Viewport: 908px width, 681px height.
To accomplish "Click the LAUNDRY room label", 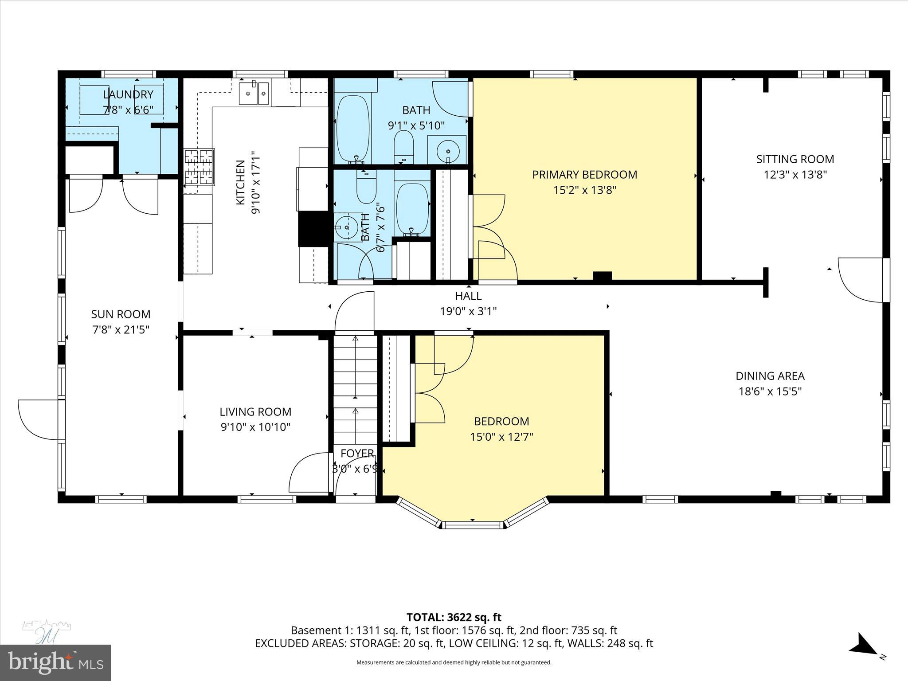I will (128, 94).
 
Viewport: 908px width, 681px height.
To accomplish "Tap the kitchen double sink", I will (254, 94).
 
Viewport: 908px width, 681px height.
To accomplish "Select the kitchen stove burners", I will (200, 167).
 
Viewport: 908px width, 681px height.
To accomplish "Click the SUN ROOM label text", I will (121, 314).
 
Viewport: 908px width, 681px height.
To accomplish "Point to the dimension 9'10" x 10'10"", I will (255, 427).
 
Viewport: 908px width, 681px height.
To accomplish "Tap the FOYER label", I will (357, 454).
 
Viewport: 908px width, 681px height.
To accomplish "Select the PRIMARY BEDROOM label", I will (584, 175).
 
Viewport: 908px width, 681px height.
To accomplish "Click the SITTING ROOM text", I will (795, 159).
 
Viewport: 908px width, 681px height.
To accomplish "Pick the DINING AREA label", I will (770, 376).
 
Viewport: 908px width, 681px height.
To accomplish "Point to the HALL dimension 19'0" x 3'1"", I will (468, 311).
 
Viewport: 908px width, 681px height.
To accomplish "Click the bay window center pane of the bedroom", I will (473, 525).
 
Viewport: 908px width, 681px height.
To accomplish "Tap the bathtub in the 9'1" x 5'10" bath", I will (352, 128).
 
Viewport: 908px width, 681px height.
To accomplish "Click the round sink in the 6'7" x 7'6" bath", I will (347, 227).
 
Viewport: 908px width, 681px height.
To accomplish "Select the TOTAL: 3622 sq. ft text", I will (454, 617).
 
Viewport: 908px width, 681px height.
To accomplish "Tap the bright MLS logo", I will (55, 662).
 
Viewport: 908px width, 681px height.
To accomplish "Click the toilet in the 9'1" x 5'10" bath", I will (403, 146).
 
